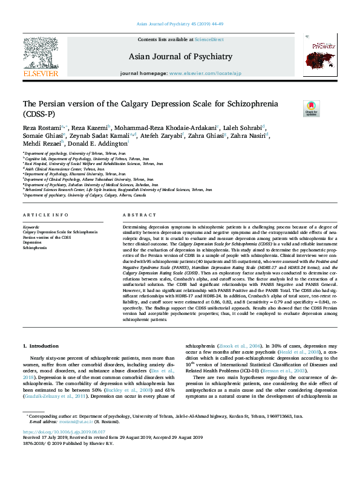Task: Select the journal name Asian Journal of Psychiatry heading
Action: pyautogui.click(x=180, y=57)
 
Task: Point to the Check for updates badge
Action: pyautogui.click(x=311, y=109)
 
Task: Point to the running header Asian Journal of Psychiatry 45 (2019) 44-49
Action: pyautogui.click(x=180, y=24)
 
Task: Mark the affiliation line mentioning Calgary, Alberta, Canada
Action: pyautogui.click(x=85, y=196)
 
